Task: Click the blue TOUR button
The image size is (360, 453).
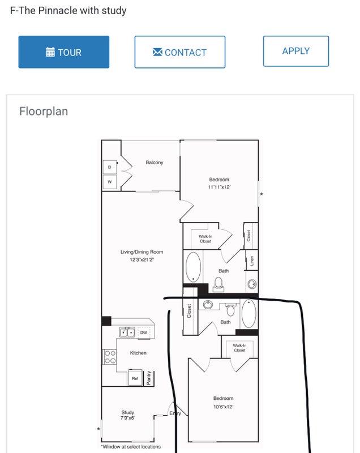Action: click(64, 52)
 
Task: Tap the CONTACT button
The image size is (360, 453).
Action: click(180, 52)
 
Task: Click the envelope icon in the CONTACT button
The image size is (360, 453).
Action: click(157, 52)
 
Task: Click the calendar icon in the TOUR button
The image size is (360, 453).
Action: click(50, 52)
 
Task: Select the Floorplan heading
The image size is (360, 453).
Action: click(44, 111)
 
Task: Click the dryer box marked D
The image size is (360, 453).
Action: click(110, 167)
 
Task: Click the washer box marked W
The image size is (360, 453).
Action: click(110, 182)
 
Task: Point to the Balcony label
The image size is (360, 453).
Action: click(155, 163)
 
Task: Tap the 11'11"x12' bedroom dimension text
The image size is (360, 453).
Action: click(219, 187)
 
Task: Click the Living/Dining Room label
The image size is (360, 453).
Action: click(142, 252)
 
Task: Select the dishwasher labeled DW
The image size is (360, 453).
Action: click(143, 332)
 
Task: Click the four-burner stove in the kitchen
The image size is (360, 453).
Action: click(110, 357)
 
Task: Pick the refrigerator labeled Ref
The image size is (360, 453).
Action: click(135, 378)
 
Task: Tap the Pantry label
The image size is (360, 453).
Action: click(149, 378)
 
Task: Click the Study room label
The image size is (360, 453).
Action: click(127, 412)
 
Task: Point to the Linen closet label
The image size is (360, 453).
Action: click(252, 260)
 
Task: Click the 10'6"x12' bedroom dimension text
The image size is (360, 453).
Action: click(223, 407)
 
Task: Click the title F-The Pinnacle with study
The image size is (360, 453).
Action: click(68, 11)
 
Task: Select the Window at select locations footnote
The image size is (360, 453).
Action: click(131, 447)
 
